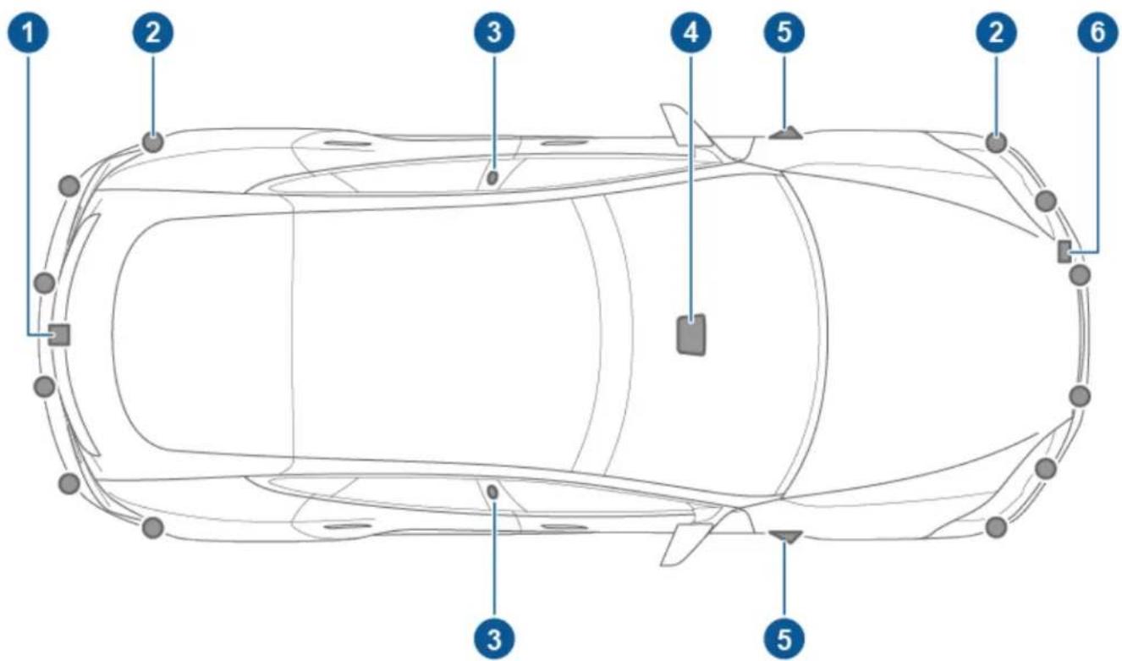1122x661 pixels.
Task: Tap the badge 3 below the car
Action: [x=493, y=633]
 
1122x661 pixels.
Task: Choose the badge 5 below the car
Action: [x=785, y=633]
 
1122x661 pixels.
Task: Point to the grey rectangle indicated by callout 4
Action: [x=691, y=333]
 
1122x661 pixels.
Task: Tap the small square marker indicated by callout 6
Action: [x=1064, y=251]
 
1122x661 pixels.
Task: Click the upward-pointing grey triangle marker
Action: [x=786, y=131]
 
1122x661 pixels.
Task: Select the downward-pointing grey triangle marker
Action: [x=786, y=535]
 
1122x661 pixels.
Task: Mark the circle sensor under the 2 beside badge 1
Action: [x=152, y=141]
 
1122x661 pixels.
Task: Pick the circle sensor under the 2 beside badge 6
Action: [x=996, y=142]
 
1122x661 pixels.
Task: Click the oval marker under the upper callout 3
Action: [x=492, y=178]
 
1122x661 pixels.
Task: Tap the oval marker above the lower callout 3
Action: [x=492, y=490]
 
